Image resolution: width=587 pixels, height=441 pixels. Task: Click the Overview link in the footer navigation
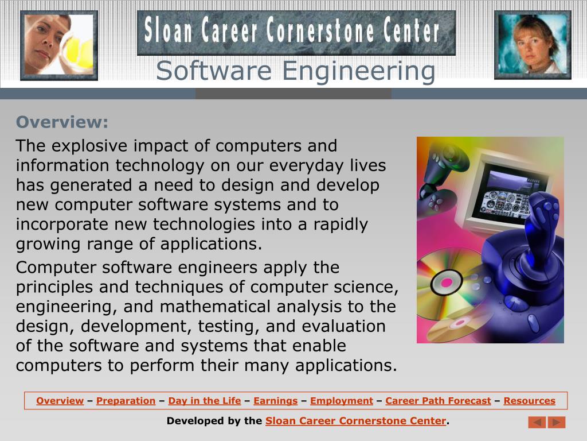(x=60, y=401)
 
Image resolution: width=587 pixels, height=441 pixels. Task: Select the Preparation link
(x=126, y=401)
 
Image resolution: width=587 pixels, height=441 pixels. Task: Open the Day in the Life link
(x=204, y=401)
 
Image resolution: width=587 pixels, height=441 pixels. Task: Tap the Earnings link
(x=275, y=401)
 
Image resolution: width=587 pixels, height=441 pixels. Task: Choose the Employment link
(x=341, y=401)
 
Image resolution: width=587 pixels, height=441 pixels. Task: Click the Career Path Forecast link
(x=438, y=401)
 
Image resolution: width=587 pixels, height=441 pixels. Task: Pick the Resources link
(x=529, y=401)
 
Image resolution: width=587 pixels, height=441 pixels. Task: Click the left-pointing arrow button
(x=537, y=422)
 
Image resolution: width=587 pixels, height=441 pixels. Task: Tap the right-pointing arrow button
(x=557, y=422)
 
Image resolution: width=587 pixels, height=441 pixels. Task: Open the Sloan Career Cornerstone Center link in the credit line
(x=355, y=421)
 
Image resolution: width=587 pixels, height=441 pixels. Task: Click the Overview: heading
(x=62, y=122)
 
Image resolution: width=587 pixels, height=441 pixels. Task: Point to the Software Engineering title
(x=295, y=71)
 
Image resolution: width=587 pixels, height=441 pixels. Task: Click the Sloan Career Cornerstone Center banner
(x=296, y=32)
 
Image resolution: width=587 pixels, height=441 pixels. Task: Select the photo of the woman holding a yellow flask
(x=58, y=45)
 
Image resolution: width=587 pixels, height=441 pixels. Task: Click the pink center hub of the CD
(x=442, y=283)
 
